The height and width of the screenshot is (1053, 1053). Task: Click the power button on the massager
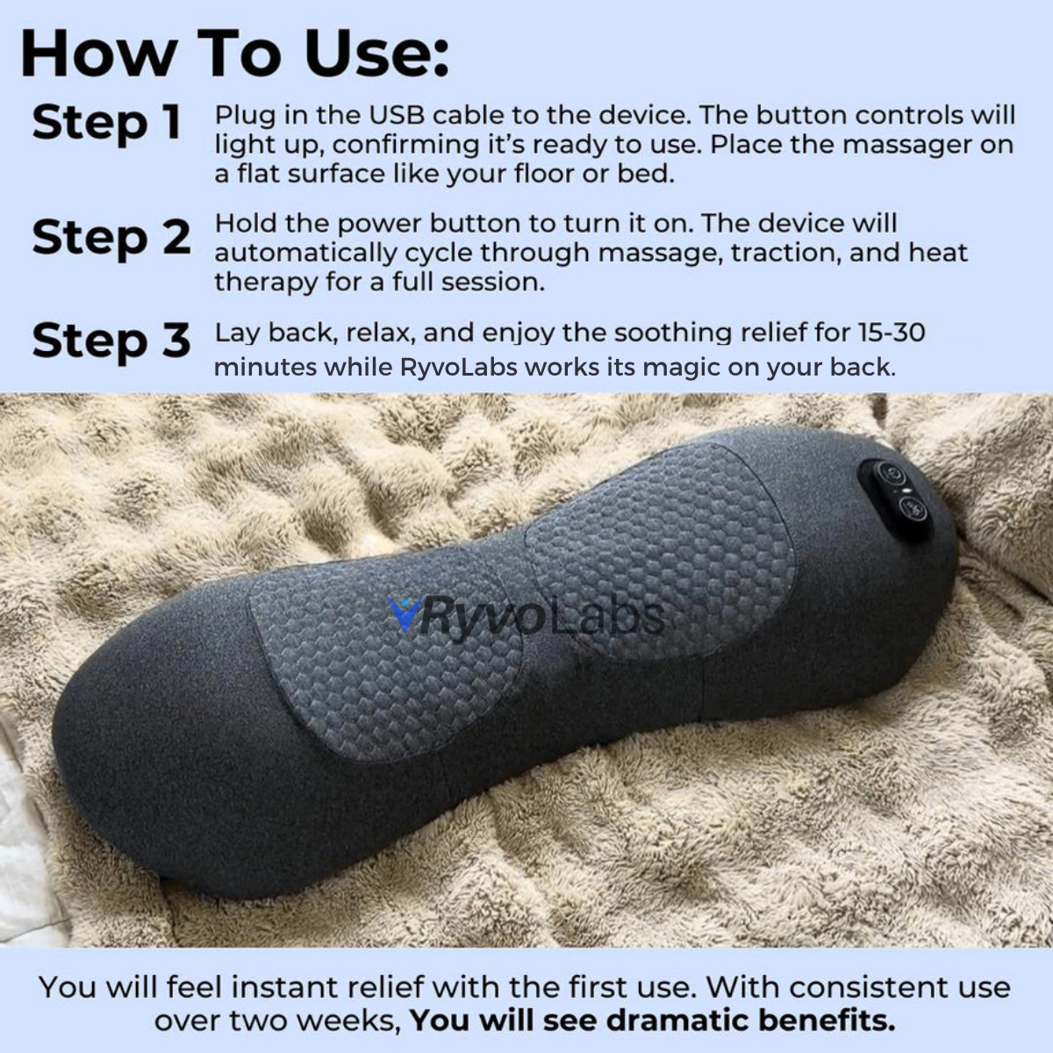point(889,475)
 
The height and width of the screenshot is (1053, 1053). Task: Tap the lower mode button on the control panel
point(910,506)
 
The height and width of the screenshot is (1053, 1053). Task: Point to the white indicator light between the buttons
point(901,491)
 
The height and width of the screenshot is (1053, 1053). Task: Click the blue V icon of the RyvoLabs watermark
point(404,614)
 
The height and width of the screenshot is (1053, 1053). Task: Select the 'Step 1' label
point(106,122)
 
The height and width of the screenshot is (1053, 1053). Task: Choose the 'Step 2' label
point(111,237)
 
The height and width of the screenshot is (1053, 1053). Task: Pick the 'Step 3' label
point(111,340)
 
